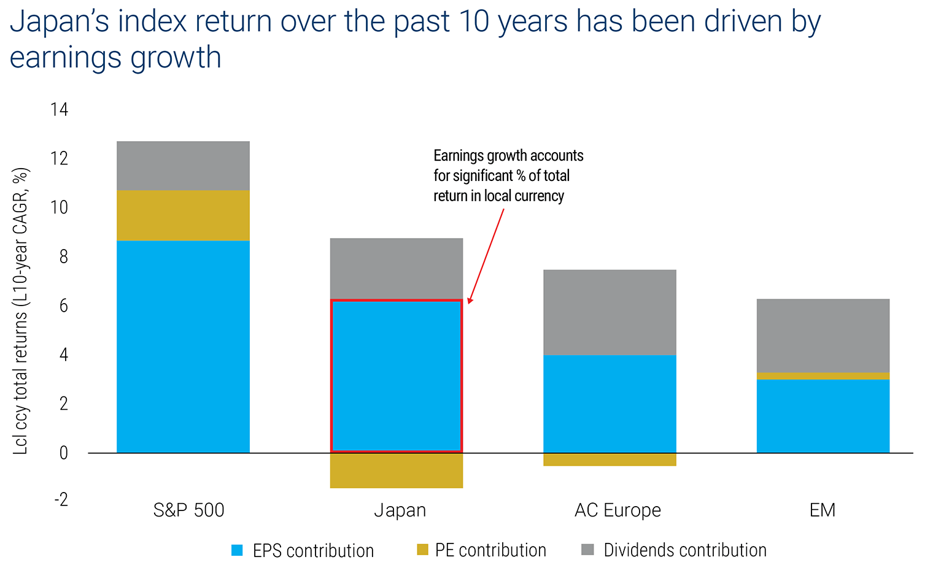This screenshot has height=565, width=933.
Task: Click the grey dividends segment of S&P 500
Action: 183,166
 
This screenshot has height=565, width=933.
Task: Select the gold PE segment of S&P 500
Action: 183,215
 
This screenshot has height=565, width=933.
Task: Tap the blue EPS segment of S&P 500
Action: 183,347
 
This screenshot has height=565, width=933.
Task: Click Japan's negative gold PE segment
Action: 397,471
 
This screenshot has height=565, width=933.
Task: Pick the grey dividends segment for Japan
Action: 397,269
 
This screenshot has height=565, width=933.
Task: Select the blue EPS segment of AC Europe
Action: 610,404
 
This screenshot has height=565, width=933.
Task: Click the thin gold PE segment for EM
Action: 823,376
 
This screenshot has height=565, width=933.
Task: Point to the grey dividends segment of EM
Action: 823,336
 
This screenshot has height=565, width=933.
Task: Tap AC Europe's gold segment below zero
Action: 610,459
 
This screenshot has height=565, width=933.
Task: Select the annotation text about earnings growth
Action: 508,176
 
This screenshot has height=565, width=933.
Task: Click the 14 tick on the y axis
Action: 60,110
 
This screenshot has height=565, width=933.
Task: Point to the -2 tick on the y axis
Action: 61,499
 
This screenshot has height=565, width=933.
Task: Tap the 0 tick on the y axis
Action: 64,453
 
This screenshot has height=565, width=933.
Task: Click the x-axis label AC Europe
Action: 617,510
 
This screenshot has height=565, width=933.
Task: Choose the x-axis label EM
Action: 823,510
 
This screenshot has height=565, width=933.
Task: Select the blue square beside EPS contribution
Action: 237,550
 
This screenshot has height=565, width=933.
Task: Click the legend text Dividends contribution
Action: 685,550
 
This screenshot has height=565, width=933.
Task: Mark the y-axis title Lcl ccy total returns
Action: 21,311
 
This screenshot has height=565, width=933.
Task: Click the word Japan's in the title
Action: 59,21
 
